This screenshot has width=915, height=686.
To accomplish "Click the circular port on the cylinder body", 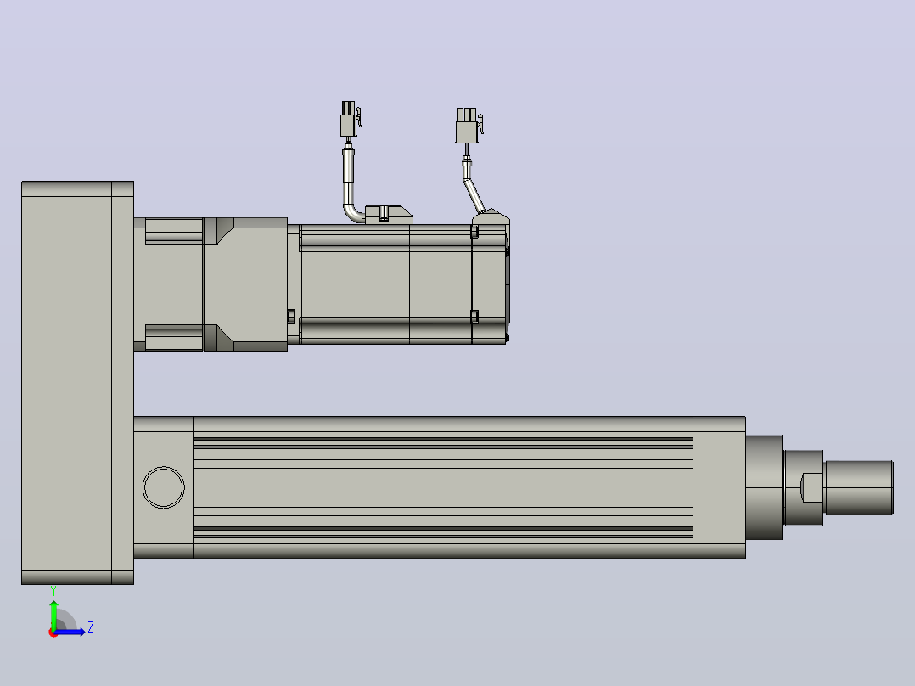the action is [x=163, y=487].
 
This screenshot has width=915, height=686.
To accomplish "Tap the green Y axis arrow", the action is [x=53, y=613].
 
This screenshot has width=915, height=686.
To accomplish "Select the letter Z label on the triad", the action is [x=91, y=627].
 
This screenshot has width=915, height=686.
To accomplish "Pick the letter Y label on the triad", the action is [x=53, y=591].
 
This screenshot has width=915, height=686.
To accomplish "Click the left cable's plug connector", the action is [x=350, y=119].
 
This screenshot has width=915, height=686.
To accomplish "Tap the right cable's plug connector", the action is [x=469, y=125].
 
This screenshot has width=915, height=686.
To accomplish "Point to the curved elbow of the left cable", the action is [x=352, y=212].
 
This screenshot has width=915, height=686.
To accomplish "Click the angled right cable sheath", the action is [x=474, y=195].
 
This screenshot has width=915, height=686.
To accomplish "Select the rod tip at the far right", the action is [x=859, y=487].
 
